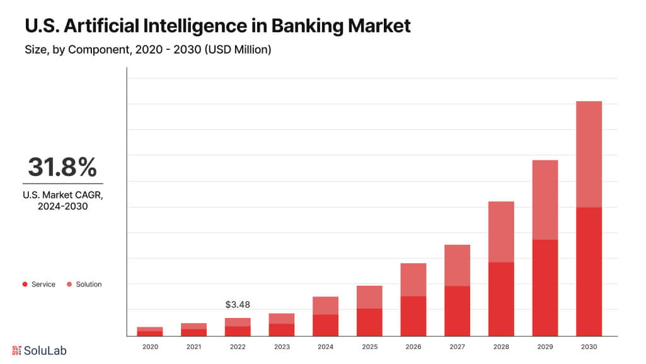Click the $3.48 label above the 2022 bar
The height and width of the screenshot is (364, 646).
[x=238, y=305]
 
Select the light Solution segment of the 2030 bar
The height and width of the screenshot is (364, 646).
[x=589, y=154]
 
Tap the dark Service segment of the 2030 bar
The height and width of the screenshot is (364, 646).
[x=589, y=271]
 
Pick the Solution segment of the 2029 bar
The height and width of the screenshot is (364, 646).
[x=545, y=199]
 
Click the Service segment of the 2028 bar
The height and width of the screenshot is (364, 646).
[x=501, y=299]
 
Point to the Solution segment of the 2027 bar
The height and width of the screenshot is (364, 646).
[x=457, y=265]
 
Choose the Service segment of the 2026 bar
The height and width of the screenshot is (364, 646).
[x=413, y=315]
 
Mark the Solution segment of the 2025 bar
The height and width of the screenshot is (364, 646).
[x=369, y=297]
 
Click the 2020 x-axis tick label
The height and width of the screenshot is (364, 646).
[x=150, y=347]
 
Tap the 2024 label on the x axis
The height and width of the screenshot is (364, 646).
[x=325, y=347]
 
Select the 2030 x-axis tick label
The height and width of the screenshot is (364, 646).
[x=589, y=347]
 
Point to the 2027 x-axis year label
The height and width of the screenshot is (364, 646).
[x=457, y=347]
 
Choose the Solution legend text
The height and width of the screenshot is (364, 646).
[x=89, y=285]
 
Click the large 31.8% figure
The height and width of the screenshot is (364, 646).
[x=62, y=167]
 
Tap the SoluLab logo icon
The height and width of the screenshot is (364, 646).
[x=17, y=350]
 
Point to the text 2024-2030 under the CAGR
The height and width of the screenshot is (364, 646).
[x=62, y=206]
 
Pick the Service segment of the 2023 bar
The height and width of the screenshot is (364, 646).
[x=282, y=329]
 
